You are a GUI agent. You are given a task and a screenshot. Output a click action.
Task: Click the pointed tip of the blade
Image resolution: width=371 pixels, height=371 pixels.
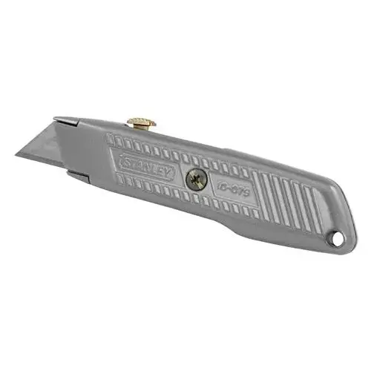16,157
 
